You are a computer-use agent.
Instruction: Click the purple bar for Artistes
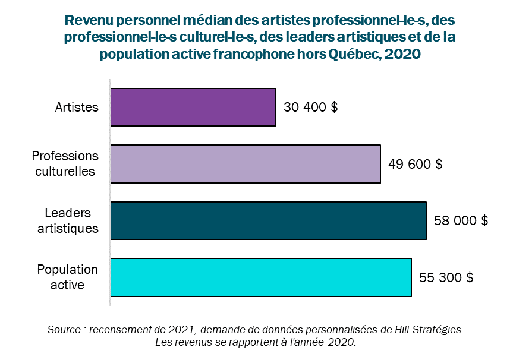(x=193, y=108)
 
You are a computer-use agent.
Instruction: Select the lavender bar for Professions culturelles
(x=246, y=164)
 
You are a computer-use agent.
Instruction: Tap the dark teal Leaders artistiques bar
(x=268, y=221)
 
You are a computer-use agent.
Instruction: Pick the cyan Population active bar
(x=261, y=277)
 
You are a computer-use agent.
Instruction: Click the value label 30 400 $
(x=311, y=108)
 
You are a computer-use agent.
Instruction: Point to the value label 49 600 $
(x=415, y=164)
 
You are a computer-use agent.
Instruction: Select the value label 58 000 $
(x=461, y=221)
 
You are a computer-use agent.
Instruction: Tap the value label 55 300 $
(x=446, y=277)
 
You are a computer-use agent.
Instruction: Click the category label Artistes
(x=77, y=108)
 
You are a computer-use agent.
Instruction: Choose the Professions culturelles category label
(x=65, y=164)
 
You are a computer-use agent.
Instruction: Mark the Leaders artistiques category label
(x=68, y=220)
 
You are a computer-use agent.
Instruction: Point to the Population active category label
(x=67, y=277)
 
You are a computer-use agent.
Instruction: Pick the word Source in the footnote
(x=64, y=329)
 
